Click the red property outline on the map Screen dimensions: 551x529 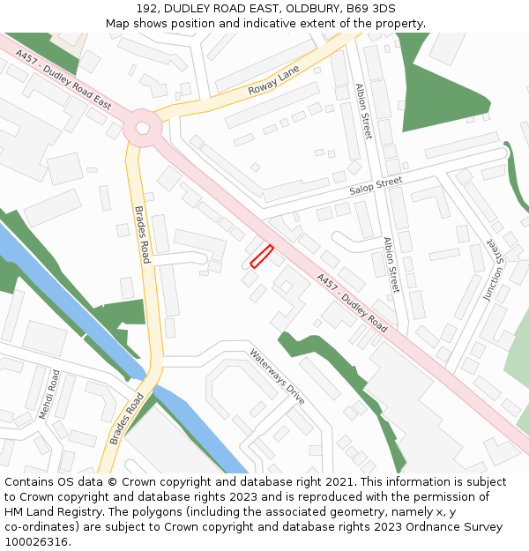(x=262, y=256)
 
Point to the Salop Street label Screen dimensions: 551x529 (x=375, y=186)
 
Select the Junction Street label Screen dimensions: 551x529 (x=498, y=272)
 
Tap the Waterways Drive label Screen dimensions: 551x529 (x=276, y=377)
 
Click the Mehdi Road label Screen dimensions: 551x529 (x=48, y=394)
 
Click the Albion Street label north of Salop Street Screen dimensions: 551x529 (x=363, y=111)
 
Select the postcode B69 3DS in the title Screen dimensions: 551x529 (x=370, y=9)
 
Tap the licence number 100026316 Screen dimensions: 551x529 (x=36, y=542)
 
